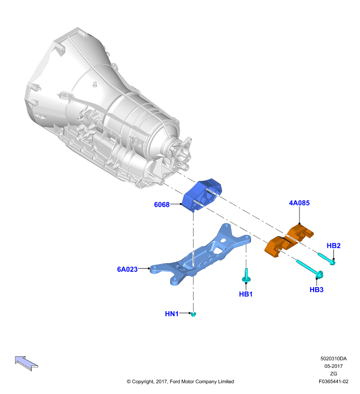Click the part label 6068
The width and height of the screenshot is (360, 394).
click(x=162, y=204)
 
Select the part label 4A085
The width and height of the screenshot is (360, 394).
click(x=299, y=203)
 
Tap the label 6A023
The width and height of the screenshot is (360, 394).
click(x=127, y=269)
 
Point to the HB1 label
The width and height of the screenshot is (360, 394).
click(x=246, y=294)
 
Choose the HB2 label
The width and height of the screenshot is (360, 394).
click(x=333, y=245)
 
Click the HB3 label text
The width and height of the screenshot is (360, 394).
click(x=316, y=290)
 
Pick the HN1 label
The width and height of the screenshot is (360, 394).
click(x=171, y=314)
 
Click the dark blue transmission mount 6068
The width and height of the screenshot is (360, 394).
click(x=202, y=195)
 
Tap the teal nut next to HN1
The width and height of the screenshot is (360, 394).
click(x=193, y=314)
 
